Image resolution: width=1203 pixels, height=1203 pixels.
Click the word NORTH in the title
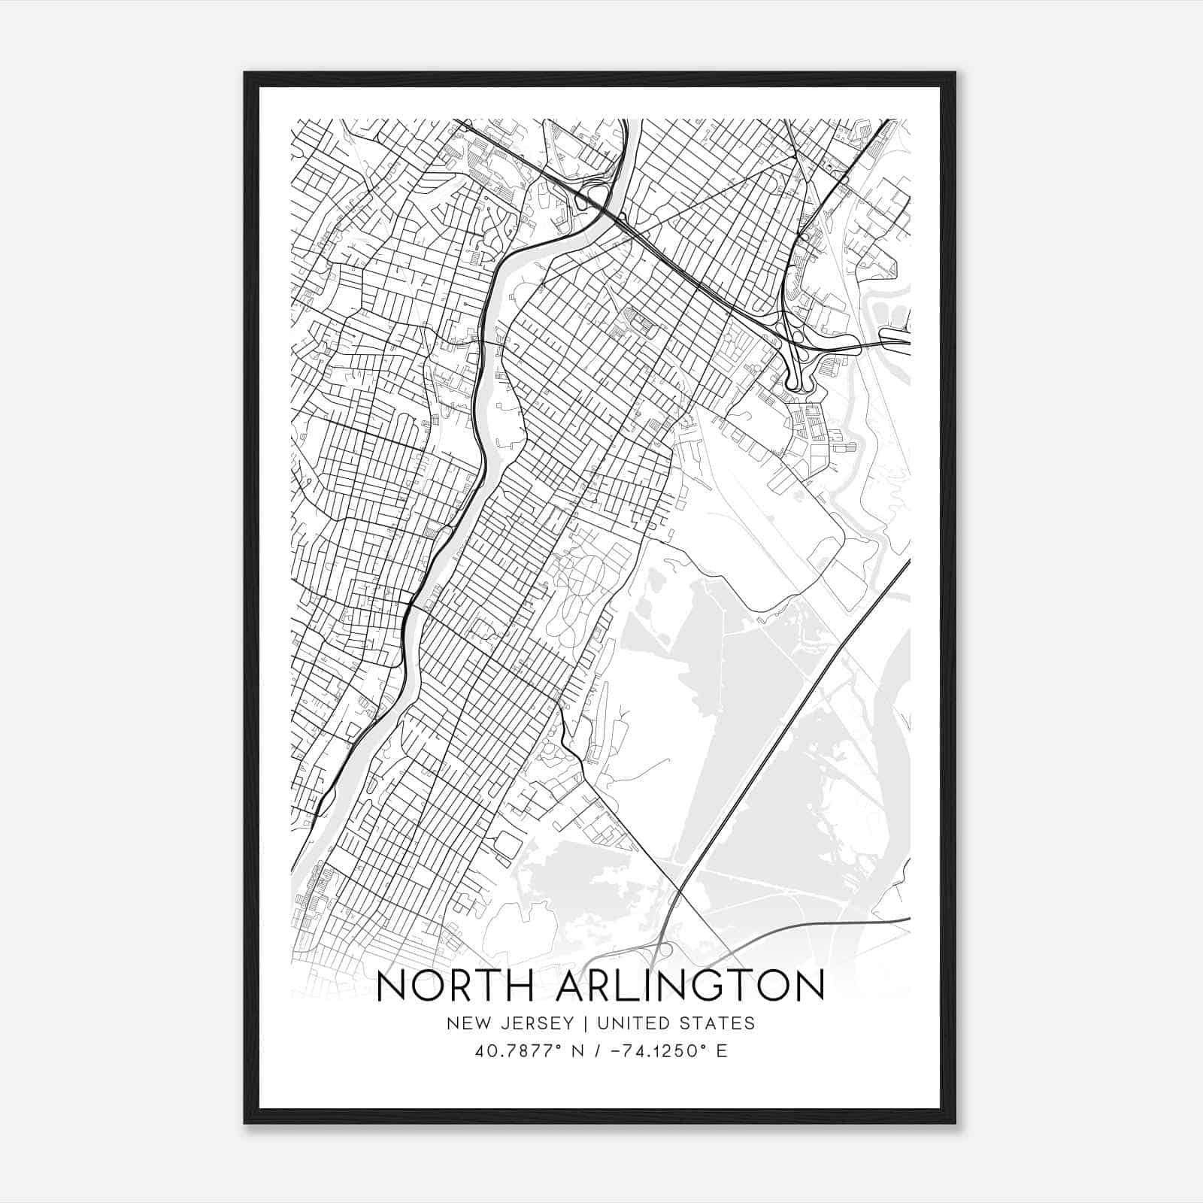(x=453, y=986)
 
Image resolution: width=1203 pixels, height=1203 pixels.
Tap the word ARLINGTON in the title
(x=690, y=986)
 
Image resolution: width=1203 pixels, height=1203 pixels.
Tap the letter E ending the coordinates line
(x=722, y=1051)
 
